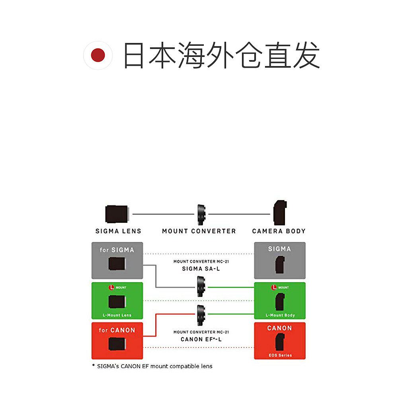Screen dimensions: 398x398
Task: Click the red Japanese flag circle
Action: click(x=98, y=55)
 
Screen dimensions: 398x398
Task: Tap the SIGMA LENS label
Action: click(x=118, y=231)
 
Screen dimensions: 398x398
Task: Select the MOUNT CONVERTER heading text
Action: click(x=199, y=231)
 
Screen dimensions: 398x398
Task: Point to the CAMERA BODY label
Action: click(x=279, y=231)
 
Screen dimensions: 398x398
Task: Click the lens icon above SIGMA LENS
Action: click(x=117, y=214)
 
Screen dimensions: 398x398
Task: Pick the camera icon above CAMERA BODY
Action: click(x=280, y=213)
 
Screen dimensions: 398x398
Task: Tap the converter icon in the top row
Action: click(x=201, y=214)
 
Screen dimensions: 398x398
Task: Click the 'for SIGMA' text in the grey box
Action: click(x=117, y=250)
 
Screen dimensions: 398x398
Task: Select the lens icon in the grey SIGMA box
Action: click(x=117, y=264)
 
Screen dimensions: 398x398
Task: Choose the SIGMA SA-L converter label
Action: click(x=201, y=269)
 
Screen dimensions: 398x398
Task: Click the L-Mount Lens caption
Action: click(x=117, y=315)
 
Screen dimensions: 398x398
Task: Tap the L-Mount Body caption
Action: click(x=280, y=315)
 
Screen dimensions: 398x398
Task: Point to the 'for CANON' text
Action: click(x=117, y=330)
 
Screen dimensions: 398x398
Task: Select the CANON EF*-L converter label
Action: click(x=201, y=339)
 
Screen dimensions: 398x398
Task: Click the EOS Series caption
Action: click(x=280, y=355)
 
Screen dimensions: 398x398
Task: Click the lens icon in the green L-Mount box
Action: click(x=117, y=302)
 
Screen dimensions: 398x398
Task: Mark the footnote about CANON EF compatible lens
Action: click(x=152, y=366)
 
